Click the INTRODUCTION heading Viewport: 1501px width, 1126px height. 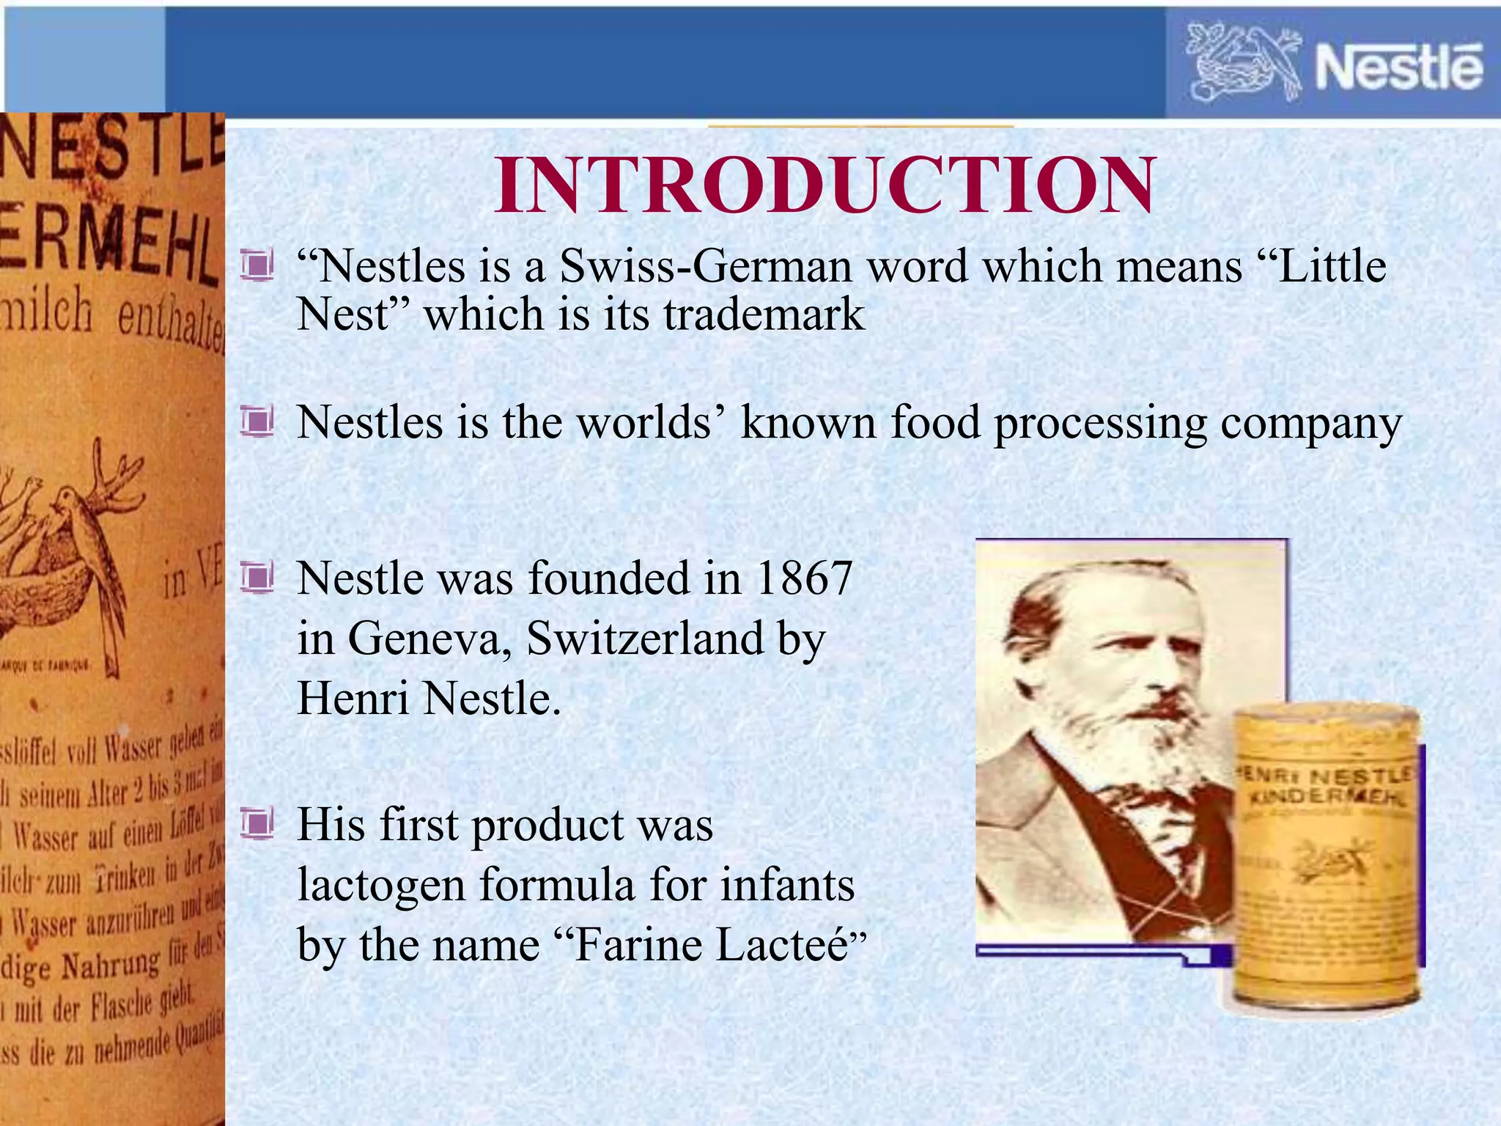[825, 186]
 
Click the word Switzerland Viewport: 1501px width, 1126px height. [645, 639]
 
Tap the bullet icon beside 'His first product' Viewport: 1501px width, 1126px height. [257, 824]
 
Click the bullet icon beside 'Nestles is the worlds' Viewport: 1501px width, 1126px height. [257, 422]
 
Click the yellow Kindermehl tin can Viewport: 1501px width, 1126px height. [1327, 858]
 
